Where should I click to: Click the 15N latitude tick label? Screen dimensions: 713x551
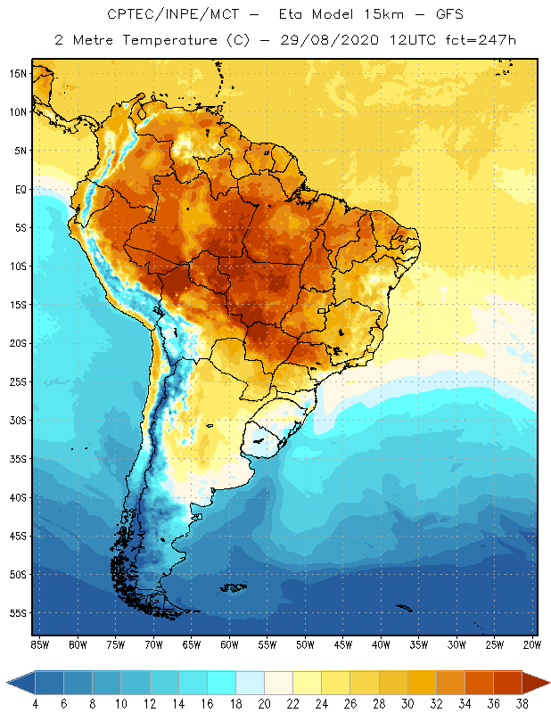(19, 73)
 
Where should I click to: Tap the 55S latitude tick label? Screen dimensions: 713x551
(19, 613)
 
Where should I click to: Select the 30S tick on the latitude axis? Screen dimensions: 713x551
(19, 420)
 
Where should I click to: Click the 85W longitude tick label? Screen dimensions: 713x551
(39, 644)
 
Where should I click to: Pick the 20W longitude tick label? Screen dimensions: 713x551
(530, 644)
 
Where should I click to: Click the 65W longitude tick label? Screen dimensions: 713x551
(192, 644)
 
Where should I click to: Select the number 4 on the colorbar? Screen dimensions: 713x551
(36, 704)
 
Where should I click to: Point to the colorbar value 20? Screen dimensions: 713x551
(264, 704)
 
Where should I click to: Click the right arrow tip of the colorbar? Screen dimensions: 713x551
(547, 683)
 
